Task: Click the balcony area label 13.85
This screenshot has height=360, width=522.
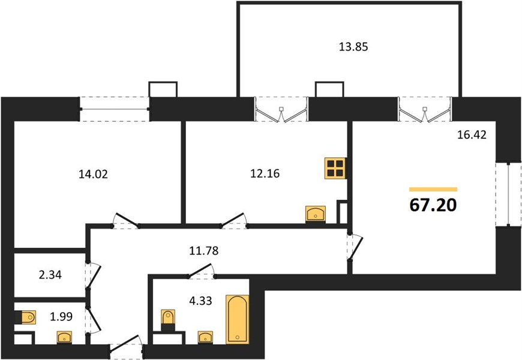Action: [x=353, y=47]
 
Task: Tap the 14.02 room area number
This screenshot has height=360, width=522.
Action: [x=93, y=174]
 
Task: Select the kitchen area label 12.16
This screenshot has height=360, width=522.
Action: [x=265, y=173]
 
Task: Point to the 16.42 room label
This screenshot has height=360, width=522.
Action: [x=472, y=134]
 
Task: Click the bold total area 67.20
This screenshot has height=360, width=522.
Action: [x=433, y=205]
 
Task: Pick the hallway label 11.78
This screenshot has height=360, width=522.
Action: [x=204, y=250]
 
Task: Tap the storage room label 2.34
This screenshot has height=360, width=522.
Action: [x=50, y=275]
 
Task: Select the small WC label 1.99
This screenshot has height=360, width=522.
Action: [x=61, y=316]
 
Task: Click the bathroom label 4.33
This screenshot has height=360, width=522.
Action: [x=200, y=301]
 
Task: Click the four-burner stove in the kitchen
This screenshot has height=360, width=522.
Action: [x=335, y=168]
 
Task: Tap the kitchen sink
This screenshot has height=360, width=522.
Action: [x=316, y=214]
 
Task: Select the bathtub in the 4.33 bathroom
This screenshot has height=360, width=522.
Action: [x=238, y=319]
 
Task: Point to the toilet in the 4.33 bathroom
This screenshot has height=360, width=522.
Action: [x=168, y=320]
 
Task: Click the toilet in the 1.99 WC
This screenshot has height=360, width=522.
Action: [x=26, y=317]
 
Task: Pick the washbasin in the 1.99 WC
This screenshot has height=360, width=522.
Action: [x=64, y=337]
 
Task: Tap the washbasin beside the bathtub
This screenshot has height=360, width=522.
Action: [x=205, y=337]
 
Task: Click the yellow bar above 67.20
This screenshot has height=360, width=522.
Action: [x=433, y=190]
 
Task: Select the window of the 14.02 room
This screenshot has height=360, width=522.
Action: [x=115, y=109]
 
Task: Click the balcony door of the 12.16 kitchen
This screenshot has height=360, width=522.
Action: [x=281, y=109]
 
